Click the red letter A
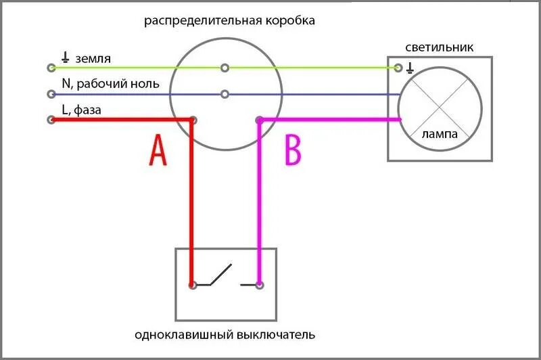(157, 150)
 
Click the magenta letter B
(292, 150)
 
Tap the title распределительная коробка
(229, 20)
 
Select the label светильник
(440, 47)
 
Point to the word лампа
(440, 135)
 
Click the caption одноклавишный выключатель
(225, 334)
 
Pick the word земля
(93, 59)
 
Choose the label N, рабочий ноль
(110, 84)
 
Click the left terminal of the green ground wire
(51, 68)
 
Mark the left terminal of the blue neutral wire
(51, 94)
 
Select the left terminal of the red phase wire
(51, 120)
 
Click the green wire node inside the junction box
(225, 68)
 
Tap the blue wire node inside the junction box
(225, 94)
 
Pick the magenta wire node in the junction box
(260, 120)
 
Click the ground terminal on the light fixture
(398, 68)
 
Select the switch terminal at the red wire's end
(193, 285)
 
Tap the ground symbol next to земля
(66, 58)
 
